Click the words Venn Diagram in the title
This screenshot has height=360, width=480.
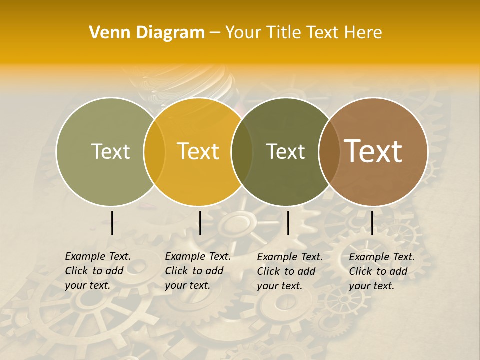[x=147, y=33]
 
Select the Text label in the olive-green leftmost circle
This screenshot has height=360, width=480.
[x=110, y=152]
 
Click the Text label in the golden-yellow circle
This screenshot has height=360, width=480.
[x=198, y=152]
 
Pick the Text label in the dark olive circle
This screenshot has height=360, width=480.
[x=285, y=152]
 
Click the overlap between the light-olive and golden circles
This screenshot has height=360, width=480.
[x=154, y=152]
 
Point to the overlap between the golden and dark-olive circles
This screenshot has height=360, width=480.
[x=242, y=152]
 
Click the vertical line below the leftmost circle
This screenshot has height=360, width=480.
[x=112, y=223]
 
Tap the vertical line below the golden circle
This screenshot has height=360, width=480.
[x=200, y=223]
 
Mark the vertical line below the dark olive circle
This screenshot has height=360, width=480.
[x=288, y=223]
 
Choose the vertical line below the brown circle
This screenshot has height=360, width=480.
[x=372, y=223]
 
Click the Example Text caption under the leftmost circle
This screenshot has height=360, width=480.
[x=97, y=271]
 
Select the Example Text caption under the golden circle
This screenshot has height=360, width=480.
[x=197, y=271]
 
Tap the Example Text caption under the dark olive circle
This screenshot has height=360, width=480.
[x=289, y=271]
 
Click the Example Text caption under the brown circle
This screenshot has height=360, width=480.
[x=381, y=271]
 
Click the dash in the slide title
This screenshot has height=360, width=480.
[x=215, y=33]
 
